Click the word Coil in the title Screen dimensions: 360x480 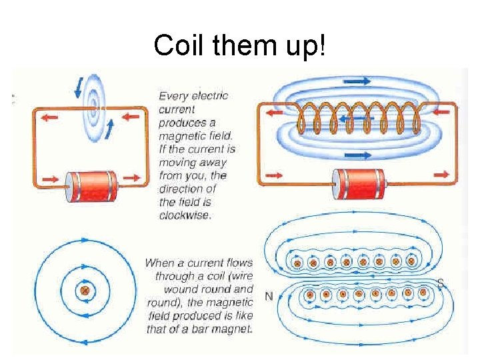pyautogui.click(x=176, y=45)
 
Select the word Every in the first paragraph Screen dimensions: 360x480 pyautogui.click(x=173, y=96)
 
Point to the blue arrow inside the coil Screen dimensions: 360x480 pyautogui.click(x=354, y=119)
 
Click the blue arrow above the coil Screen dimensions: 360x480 pyautogui.click(x=357, y=81)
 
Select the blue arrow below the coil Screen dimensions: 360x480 pyautogui.click(x=359, y=157)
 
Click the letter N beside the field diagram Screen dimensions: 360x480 pyautogui.click(x=269, y=296)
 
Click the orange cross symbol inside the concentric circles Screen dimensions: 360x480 pyautogui.click(x=85, y=291)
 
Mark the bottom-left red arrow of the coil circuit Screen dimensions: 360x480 pyautogui.click(x=273, y=176)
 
